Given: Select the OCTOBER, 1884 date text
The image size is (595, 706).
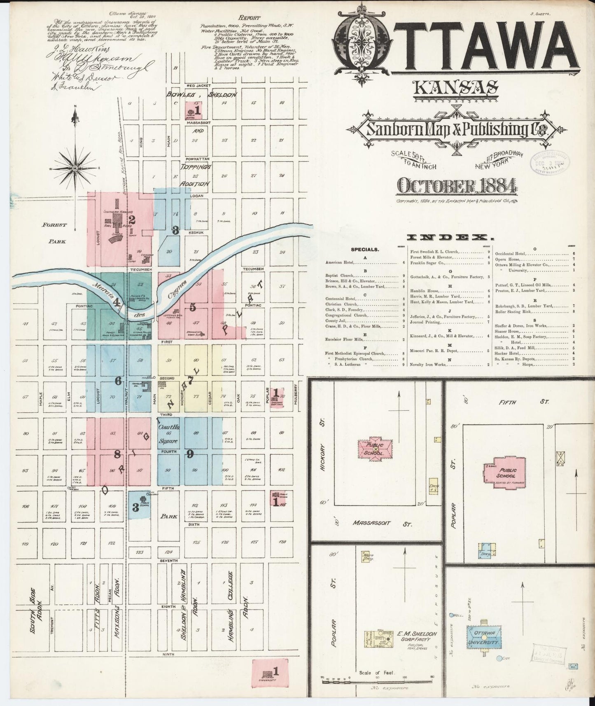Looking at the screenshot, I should (x=456, y=186).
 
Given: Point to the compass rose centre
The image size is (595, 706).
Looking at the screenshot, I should (x=75, y=168).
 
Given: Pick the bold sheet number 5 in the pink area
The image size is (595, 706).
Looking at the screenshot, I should (x=193, y=307).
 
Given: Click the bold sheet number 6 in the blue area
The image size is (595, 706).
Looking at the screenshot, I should (x=118, y=381).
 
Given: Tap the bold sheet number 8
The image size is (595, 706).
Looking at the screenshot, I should (x=117, y=455).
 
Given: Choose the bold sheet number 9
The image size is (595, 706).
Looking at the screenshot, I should (x=190, y=454).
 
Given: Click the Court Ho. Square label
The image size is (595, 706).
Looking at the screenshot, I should (x=168, y=433).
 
